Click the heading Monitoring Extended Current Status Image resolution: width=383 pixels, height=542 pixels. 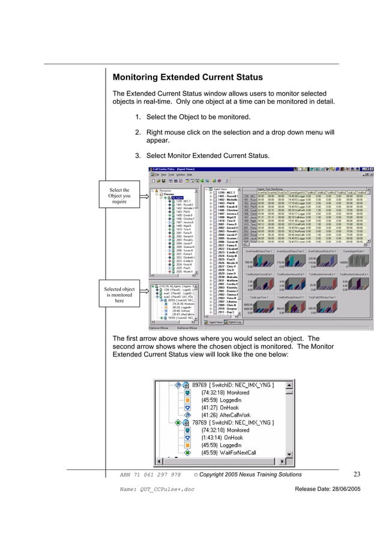(x=187, y=78)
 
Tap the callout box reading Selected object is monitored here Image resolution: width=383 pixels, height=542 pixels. (x=119, y=295)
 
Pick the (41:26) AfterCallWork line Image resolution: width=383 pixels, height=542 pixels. (x=220, y=414)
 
